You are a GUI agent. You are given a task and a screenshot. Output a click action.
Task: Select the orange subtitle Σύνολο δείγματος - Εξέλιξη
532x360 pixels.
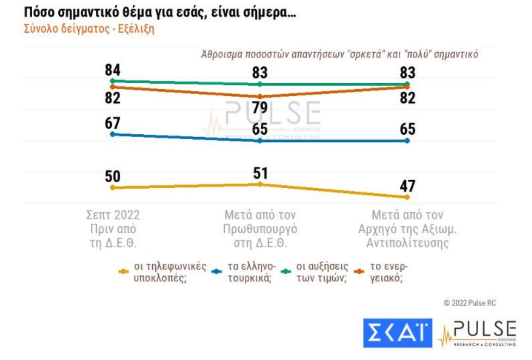[x=89, y=29]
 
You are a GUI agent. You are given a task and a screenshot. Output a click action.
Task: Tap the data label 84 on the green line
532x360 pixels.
[x=113, y=70]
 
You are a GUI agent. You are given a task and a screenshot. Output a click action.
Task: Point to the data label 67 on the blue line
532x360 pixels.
[x=113, y=123]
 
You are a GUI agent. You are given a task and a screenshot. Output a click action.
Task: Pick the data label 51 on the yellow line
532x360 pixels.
[x=259, y=173]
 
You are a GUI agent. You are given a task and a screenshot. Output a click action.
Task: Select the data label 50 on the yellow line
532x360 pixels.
[x=113, y=177]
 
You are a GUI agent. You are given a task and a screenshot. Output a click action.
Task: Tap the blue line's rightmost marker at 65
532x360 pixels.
[x=407, y=141]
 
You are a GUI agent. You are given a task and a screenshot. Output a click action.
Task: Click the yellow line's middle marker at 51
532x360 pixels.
[x=259, y=184]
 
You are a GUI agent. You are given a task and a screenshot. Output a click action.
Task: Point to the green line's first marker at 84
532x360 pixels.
[x=113, y=80]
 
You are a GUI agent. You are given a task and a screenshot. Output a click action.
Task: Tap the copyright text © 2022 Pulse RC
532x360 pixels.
[x=469, y=303]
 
